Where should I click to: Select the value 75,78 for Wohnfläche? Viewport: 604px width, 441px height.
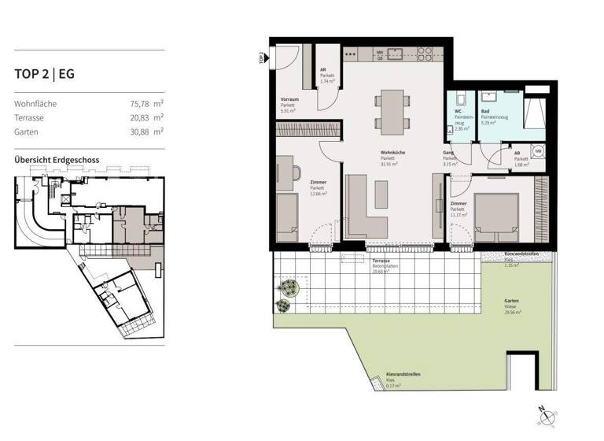tap(140, 103)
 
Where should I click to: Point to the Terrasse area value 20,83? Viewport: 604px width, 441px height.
tap(140, 117)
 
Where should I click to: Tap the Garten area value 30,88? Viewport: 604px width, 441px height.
tap(140, 132)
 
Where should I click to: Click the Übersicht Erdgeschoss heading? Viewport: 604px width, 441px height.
tap(57, 160)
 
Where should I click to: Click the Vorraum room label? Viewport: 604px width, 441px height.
tap(289, 100)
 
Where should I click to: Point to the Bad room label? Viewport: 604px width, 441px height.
tap(485, 112)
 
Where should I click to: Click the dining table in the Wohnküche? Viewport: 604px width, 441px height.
tap(391, 108)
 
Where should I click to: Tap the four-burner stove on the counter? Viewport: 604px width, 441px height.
tap(425, 54)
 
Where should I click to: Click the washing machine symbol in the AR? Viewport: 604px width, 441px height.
tap(540, 152)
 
